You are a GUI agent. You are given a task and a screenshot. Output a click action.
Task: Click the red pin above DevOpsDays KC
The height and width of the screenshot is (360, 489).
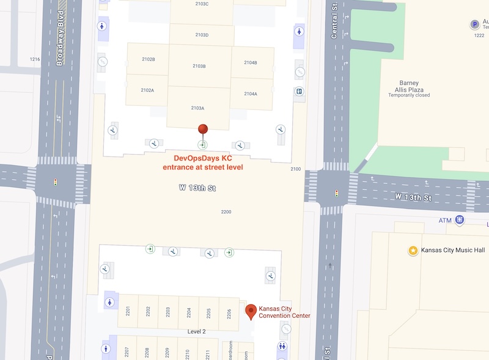203,129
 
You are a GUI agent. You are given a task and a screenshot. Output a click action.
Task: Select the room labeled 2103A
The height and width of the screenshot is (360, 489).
198,108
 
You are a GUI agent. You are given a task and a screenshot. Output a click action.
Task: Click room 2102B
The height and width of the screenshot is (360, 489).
148,59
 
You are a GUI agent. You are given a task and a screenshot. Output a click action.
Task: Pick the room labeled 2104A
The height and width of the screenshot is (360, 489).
251,94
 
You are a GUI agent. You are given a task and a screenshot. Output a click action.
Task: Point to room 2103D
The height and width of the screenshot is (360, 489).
202,35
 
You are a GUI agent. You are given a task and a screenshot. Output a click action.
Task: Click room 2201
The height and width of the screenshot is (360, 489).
128,312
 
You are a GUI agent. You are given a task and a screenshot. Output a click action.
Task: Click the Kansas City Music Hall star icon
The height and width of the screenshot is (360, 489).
413,251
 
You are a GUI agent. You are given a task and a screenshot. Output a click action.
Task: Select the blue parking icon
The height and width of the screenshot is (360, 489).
474,24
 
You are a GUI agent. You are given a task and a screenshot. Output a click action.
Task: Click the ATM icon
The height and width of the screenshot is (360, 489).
460,220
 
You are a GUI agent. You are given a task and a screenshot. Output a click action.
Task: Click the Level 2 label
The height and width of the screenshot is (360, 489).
196,331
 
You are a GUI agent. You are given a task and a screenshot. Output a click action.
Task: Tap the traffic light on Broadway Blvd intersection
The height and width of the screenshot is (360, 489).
56,182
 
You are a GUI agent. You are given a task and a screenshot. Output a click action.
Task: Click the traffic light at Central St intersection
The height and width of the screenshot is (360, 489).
336,193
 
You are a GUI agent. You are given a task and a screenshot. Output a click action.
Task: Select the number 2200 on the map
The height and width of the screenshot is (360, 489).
226,211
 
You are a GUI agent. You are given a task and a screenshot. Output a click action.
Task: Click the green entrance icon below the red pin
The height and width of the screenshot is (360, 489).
202,145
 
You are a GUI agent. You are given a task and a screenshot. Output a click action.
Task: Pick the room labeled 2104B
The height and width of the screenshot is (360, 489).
251,63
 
